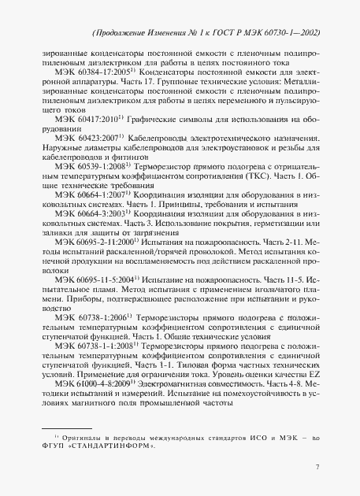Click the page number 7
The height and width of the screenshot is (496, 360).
coord(316,467)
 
